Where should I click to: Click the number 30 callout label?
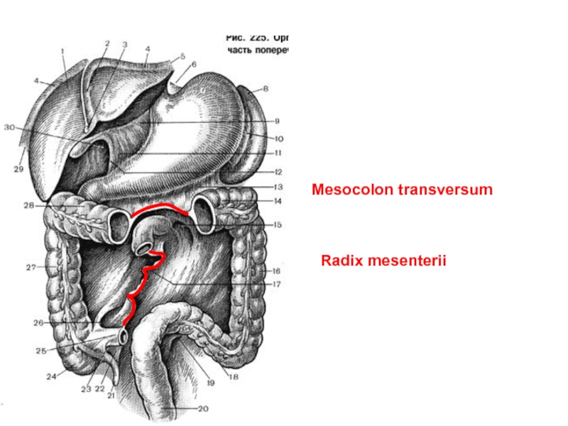point(9,128)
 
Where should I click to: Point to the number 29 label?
point(18,169)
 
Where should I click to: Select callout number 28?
point(28,205)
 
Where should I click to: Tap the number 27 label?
point(31,268)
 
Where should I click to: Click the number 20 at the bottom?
point(204,408)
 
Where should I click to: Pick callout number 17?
point(277,284)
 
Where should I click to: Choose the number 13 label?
point(277,187)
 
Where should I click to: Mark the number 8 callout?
point(266,89)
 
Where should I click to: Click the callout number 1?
point(62,50)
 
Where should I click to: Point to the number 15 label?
point(278,224)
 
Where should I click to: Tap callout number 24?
point(51,377)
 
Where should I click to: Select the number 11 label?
point(278,153)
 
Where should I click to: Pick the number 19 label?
point(210,382)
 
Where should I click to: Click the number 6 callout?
point(194,64)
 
